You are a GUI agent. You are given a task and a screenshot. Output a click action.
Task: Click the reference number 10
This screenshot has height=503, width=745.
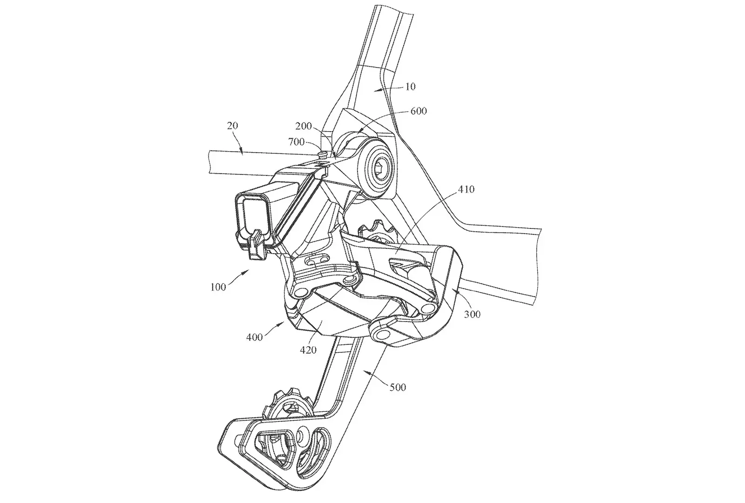tap(410, 87)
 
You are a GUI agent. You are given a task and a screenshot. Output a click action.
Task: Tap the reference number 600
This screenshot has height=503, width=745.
tap(419, 111)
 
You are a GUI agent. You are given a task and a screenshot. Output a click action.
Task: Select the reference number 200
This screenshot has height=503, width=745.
tap(304, 126)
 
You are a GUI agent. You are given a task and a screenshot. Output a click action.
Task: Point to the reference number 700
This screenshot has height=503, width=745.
tap(296, 142)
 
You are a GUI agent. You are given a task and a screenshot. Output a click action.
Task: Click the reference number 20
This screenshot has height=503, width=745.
tap(232, 126)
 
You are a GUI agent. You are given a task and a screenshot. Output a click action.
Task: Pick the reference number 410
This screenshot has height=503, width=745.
tap(466, 189)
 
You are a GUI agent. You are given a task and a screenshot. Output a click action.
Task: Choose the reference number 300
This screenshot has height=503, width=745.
tap(472, 314)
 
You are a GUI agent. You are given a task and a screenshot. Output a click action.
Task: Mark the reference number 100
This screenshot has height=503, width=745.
tap(218, 287)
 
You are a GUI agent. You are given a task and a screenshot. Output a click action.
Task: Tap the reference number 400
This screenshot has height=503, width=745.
tap(254, 337)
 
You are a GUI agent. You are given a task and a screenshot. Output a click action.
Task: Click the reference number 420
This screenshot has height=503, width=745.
tap(308, 350)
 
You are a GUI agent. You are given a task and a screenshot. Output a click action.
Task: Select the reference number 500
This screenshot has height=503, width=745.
tap(398, 387)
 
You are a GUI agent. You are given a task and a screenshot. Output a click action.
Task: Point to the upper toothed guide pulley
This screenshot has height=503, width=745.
tap(379, 232)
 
